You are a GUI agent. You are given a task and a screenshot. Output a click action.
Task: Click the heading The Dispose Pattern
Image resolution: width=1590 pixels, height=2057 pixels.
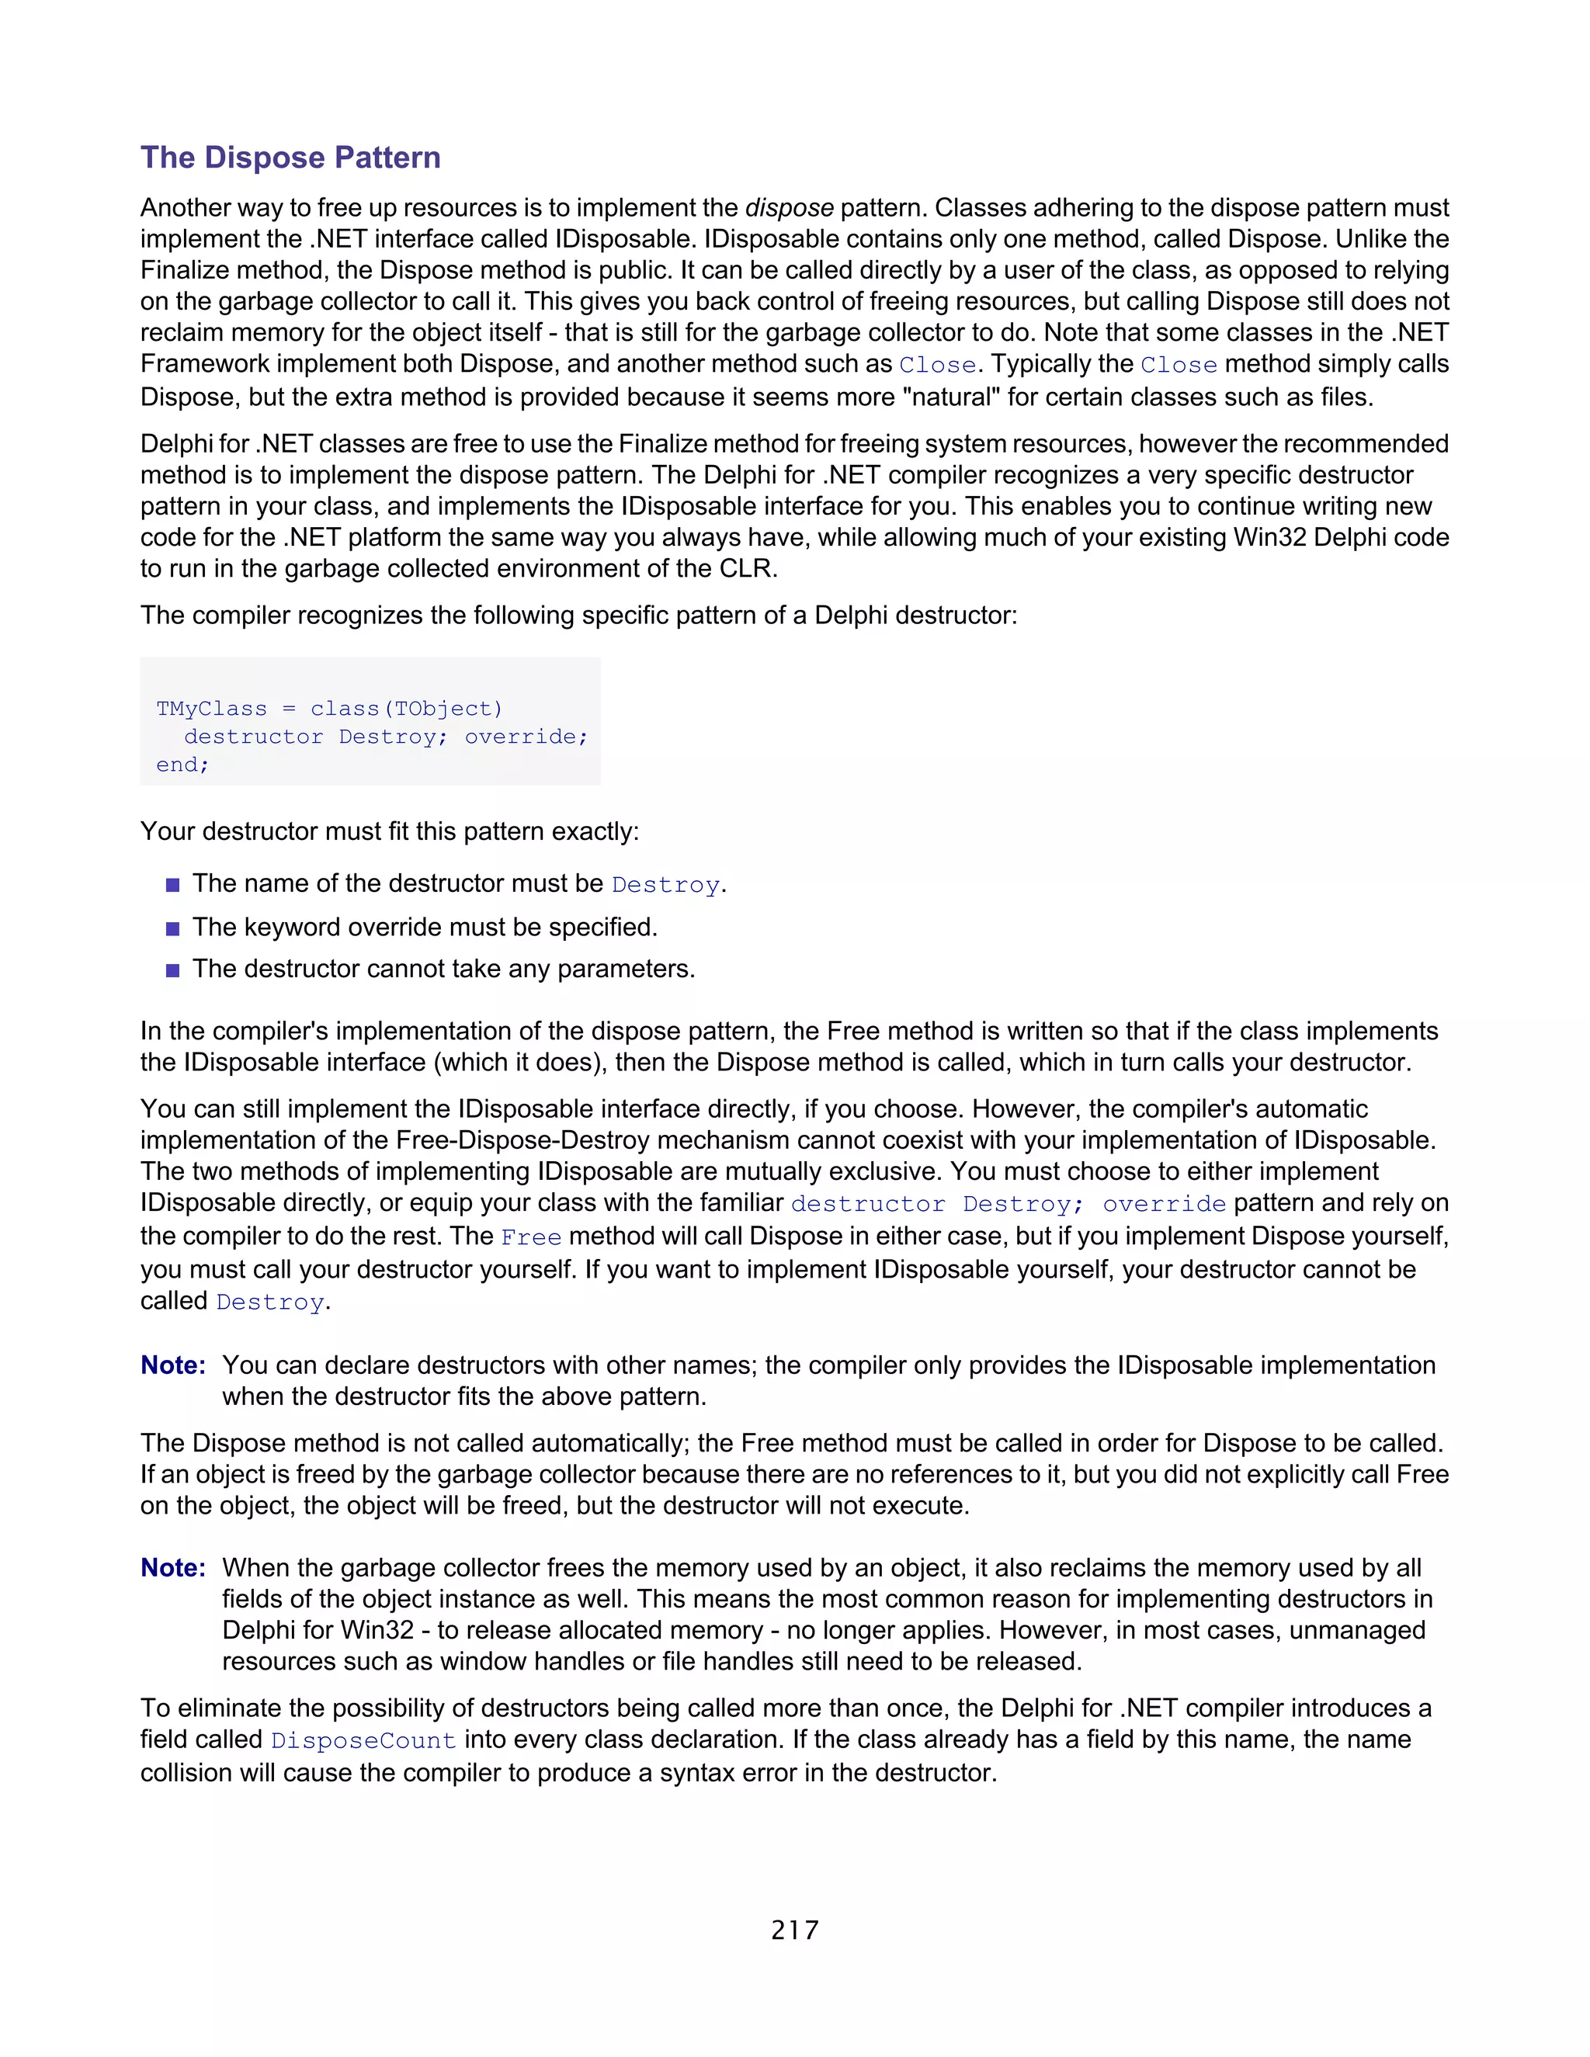click(x=290, y=158)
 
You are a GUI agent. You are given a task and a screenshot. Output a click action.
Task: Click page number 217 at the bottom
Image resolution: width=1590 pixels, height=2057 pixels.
click(x=794, y=1930)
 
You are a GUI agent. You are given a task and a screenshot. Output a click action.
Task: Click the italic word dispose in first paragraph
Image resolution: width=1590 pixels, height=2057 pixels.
click(x=789, y=207)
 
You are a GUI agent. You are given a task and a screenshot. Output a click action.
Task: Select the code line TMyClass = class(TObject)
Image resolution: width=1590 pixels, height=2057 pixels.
click(x=330, y=708)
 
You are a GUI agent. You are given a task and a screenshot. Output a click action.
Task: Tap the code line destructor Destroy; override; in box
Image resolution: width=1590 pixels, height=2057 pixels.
click(x=385, y=737)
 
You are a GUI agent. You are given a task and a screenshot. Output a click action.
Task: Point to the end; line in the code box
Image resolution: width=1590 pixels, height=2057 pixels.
click(x=182, y=765)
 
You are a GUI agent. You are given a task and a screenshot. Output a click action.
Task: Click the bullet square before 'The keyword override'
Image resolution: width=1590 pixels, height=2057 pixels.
click(x=172, y=928)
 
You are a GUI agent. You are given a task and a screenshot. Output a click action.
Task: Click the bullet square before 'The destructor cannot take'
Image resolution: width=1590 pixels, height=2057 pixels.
click(x=172, y=970)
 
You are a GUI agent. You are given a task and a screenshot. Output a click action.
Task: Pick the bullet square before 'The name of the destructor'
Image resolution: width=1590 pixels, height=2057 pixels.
click(x=172, y=886)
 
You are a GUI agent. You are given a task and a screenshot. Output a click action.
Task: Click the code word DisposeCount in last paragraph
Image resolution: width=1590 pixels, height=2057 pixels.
click(x=363, y=1740)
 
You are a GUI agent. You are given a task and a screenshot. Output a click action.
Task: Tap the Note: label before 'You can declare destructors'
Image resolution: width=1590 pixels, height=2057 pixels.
click(x=173, y=1365)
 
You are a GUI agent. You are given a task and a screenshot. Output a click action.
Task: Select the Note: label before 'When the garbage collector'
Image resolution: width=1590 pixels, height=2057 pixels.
click(x=173, y=1567)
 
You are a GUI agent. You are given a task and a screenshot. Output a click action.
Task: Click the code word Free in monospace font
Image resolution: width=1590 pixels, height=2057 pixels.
click(x=530, y=1237)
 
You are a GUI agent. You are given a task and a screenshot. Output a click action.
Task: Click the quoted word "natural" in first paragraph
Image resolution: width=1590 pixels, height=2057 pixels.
click(x=950, y=397)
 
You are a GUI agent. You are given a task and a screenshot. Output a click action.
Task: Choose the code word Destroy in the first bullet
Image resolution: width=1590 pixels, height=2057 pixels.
click(x=665, y=886)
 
